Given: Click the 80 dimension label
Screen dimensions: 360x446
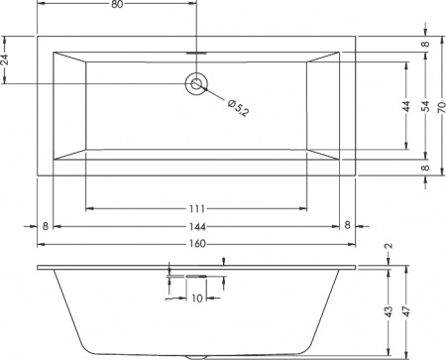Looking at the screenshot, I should pos(118,6).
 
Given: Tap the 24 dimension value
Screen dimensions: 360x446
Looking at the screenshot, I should pos(6,60).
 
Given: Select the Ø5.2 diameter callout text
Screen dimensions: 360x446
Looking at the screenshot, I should pos(238,104).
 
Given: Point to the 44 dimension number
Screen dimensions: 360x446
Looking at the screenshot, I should pos(407,107).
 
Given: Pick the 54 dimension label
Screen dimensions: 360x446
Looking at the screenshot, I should pos(426,107).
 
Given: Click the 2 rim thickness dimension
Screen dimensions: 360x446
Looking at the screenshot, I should pos(390,247).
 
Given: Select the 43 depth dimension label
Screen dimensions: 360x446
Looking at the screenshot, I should pos(390,311).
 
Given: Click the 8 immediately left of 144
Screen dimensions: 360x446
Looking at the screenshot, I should pos(45,226).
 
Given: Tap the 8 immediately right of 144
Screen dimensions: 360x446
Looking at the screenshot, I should pos(347,226).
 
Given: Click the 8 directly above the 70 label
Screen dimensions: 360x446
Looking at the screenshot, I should pos(426,45).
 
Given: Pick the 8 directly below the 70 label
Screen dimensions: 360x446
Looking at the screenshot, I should pos(426,168).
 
